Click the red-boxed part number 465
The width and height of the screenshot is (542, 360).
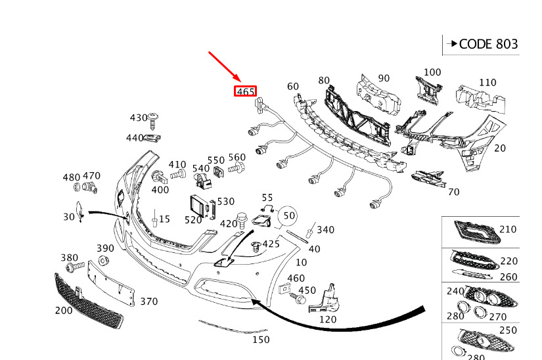(x=245, y=91)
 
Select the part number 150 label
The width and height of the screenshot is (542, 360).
(x=261, y=340)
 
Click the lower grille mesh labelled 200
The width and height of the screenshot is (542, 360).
(x=89, y=302)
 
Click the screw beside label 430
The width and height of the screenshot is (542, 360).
(x=154, y=121)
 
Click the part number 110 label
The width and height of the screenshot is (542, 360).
(x=487, y=82)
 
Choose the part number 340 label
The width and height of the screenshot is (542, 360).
(x=325, y=229)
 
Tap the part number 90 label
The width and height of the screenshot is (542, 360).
(x=384, y=79)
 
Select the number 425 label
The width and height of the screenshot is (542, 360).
(x=271, y=244)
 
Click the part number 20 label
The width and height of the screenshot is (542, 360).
(x=500, y=148)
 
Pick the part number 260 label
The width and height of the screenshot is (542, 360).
(x=508, y=277)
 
